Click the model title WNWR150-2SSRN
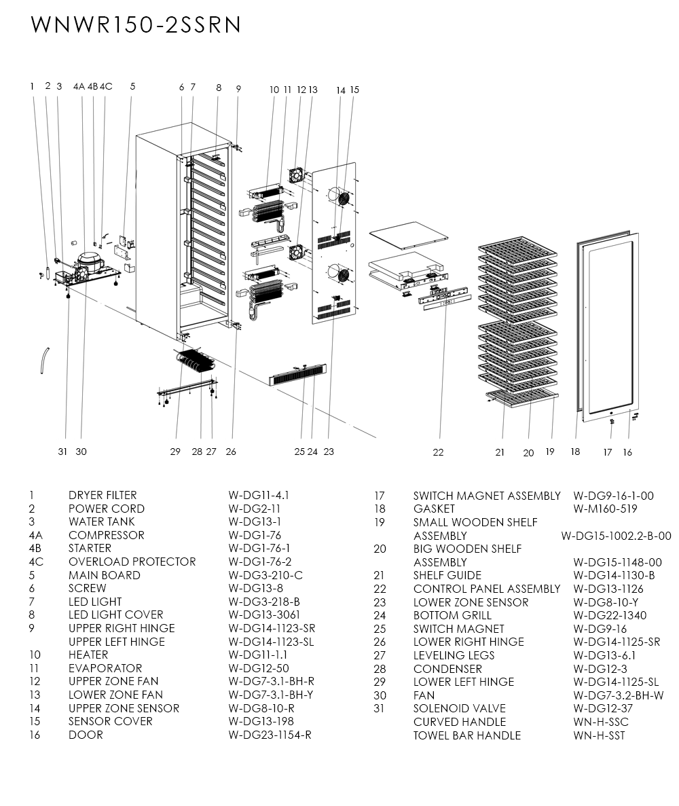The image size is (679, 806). coord(136,24)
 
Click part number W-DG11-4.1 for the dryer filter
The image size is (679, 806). coord(259,496)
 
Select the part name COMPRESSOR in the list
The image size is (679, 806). coord(106,535)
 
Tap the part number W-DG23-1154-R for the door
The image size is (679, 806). coord(270,735)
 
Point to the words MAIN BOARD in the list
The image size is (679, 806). coord(104,575)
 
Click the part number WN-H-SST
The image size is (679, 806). coord(599,735)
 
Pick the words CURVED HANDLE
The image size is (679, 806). coord(459,722)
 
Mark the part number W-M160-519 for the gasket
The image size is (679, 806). coord(605,509)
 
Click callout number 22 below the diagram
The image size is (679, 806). coord(438,452)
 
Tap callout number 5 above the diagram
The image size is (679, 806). coord(132,86)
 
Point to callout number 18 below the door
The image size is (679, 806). coord(575,452)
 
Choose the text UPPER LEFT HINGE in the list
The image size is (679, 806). coord(116,642)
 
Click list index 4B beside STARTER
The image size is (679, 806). coord(36,549)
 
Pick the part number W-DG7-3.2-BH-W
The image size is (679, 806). coord(618,695)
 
